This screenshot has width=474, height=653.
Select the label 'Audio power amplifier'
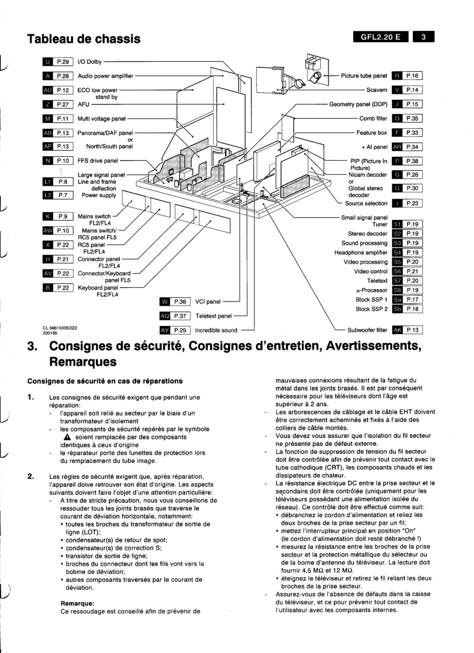click(x=105, y=76)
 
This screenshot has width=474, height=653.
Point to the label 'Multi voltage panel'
click(x=102, y=119)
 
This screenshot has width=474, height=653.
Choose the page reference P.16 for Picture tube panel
click(x=414, y=76)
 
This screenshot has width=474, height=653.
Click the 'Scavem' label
click(x=377, y=90)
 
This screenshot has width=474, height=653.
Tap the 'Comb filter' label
click(x=373, y=119)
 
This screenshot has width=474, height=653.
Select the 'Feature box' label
click(x=372, y=133)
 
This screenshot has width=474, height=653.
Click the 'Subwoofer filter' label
click(x=367, y=329)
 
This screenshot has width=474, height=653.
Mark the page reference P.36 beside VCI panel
click(x=182, y=302)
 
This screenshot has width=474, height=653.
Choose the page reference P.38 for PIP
click(x=414, y=161)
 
